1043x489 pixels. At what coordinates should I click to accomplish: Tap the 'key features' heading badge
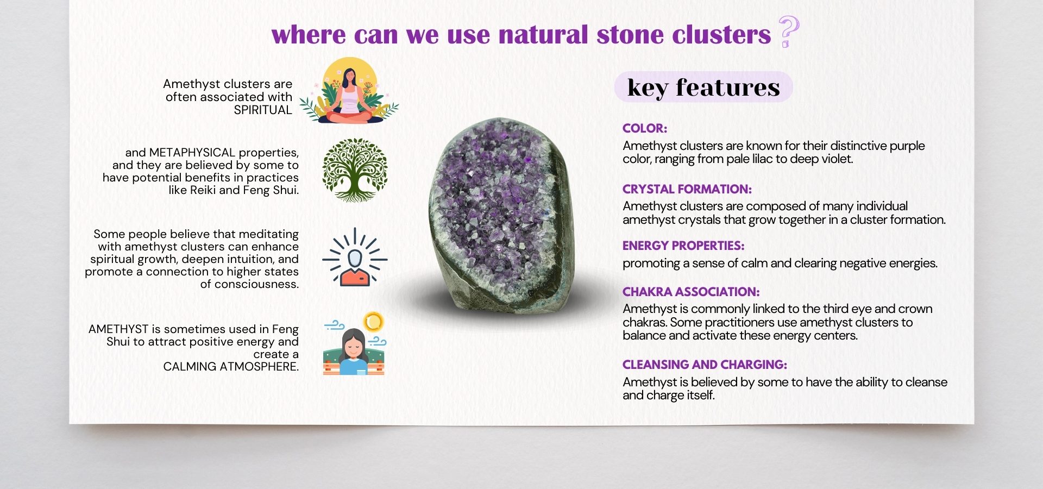click(x=703, y=87)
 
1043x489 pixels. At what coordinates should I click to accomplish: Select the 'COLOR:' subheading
click(x=645, y=129)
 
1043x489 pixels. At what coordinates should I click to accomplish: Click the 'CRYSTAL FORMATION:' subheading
click(x=687, y=189)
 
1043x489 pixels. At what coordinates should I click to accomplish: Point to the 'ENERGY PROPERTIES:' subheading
click(x=683, y=246)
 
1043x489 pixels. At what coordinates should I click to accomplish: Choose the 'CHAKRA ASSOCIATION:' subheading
click(x=691, y=292)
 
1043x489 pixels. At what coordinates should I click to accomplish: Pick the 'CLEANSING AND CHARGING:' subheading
click(x=705, y=365)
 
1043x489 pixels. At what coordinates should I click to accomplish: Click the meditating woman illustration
click(x=349, y=91)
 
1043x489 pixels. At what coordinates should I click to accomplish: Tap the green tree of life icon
click(x=355, y=170)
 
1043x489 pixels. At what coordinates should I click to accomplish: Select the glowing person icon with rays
click(x=355, y=257)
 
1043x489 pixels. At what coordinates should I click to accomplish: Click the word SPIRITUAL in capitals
click(x=263, y=110)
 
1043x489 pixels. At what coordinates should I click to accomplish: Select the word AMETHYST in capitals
click(x=118, y=329)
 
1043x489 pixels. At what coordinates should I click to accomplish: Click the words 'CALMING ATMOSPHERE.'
click(x=231, y=367)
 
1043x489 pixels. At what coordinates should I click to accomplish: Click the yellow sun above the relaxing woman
click(x=373, y=322)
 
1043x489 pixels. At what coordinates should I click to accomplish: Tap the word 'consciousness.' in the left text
click(x=249, y=284)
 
